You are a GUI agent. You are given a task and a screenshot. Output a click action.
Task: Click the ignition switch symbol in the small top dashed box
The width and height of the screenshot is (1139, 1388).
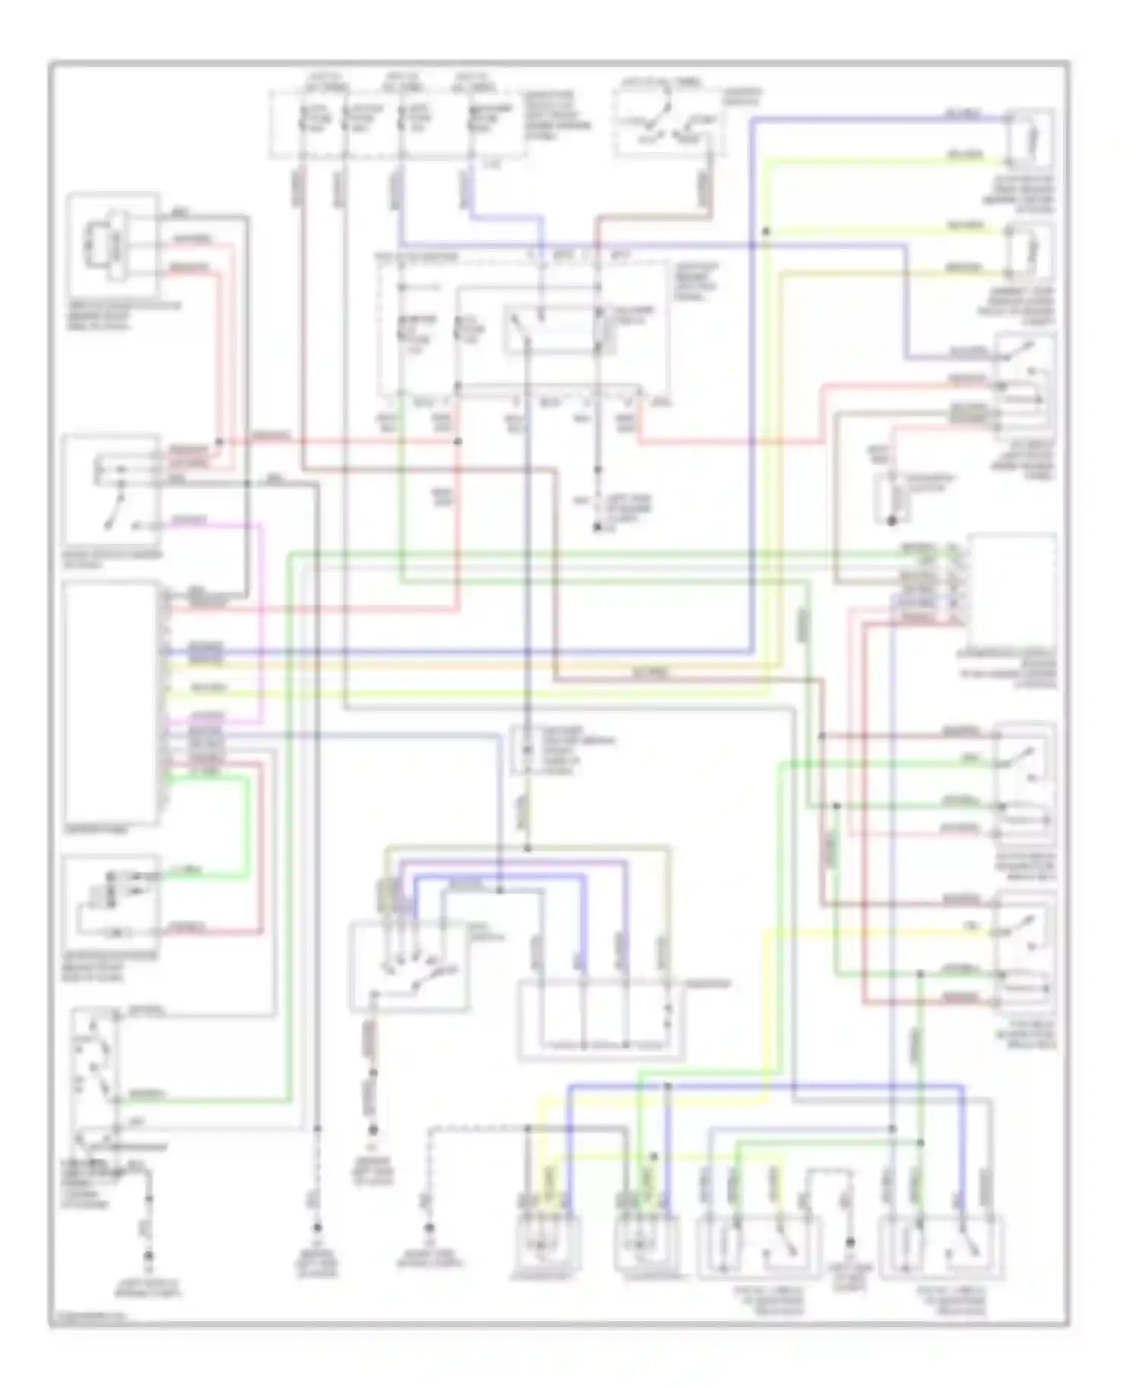click(x=667, y=124)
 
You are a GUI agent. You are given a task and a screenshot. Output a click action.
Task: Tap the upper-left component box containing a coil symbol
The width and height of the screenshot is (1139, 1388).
click(x=112, y=244)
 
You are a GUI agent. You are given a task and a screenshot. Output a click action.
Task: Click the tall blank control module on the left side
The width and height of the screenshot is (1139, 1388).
click(x=112, y=702)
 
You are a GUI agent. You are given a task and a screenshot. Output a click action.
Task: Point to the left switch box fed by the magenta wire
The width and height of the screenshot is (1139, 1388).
click(x=112, y=491)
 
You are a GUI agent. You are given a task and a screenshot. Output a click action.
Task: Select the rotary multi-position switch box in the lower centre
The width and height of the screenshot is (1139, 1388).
click(x=408, y=967)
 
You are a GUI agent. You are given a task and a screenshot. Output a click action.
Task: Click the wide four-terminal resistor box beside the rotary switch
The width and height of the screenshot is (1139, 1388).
click(x=601, y=1020)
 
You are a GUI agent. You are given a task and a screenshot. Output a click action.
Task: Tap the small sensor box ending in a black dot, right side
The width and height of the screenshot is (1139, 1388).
click(x=893, y=497)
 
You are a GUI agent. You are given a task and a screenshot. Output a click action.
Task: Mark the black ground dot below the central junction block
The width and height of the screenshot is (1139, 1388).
click(x=597, y=527)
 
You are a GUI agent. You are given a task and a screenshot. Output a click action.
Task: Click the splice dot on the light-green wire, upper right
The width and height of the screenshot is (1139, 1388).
click(x=766, y=231)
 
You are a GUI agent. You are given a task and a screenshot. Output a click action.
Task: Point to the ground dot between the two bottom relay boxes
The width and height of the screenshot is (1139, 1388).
click(x=850, y=1242)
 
